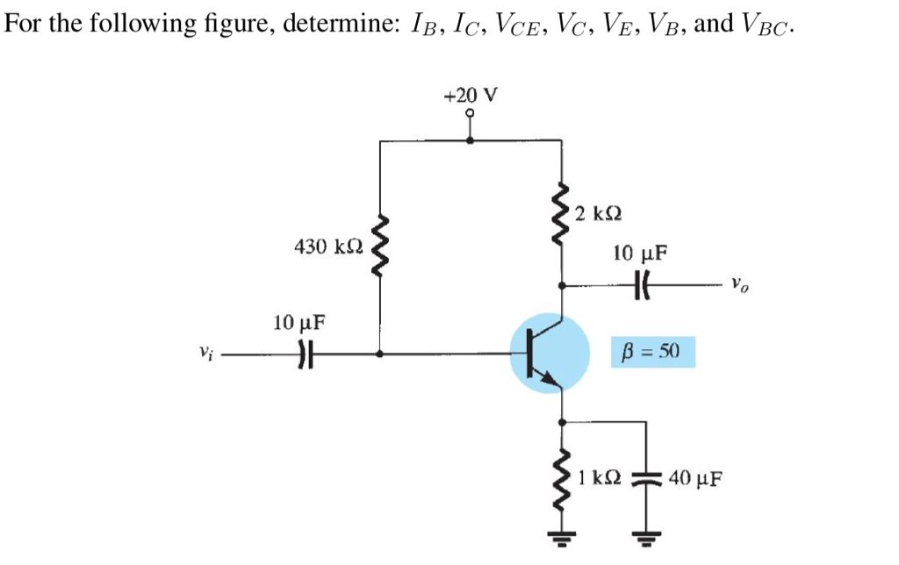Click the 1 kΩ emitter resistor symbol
pyautogui.click(x=561, y=480)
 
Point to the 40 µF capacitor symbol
pyautogui.click(x=647, y=480)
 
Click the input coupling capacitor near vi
pyautogui.click(x=306, y=355)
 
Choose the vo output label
pyautogui.click(x=741, y=284)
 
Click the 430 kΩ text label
pyautogui.click(x=324, y=246)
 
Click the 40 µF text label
pyautogui.click(x=697, y=479)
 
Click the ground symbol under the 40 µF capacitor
pyautogui.click(x=647, y=537)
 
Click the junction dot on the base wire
pyautogui.click(x=380, y=355)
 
